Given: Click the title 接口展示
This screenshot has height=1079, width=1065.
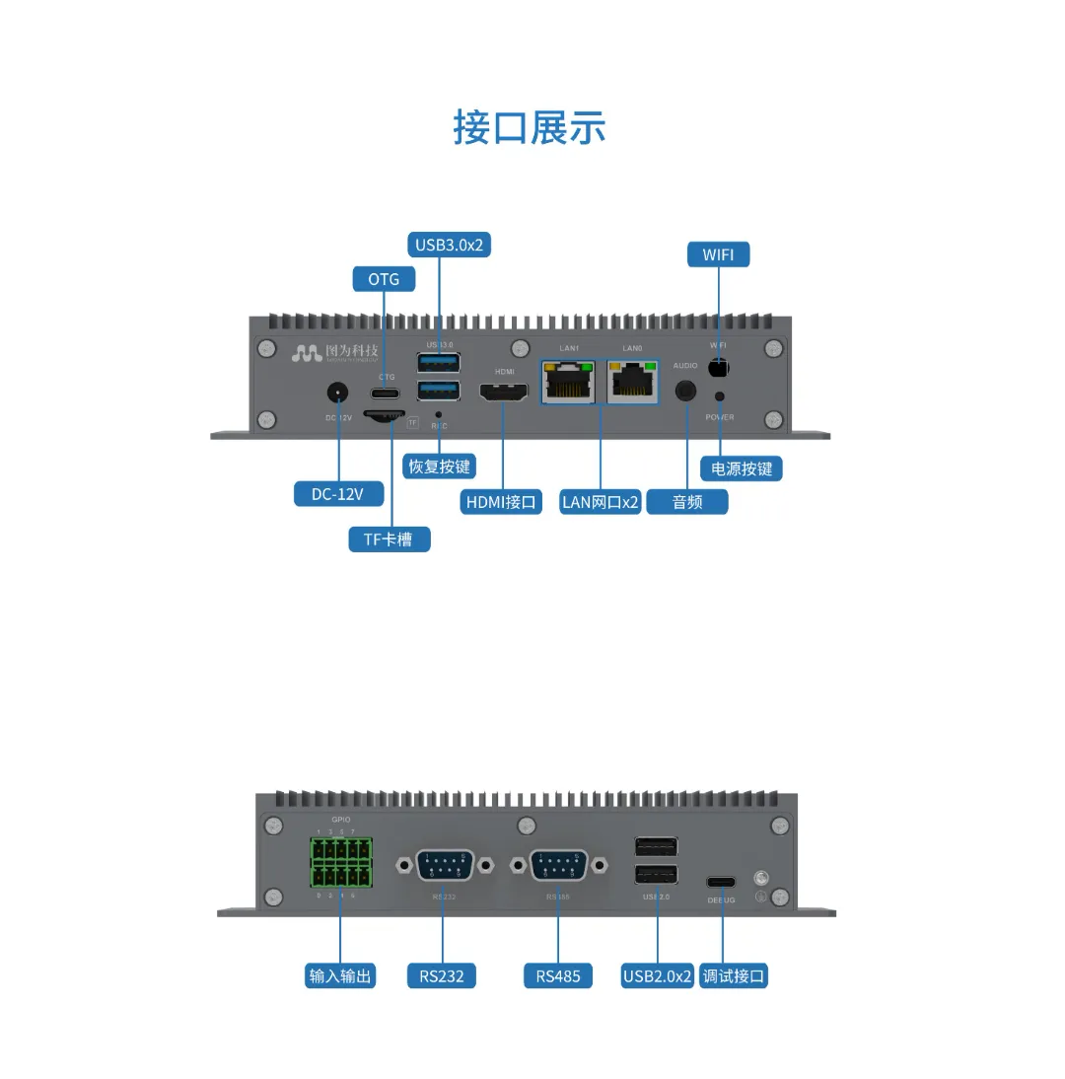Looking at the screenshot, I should pos(530,128).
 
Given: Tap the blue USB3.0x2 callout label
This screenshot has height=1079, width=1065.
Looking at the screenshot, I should pos(449,245).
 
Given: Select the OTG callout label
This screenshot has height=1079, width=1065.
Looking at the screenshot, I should pos(384,279).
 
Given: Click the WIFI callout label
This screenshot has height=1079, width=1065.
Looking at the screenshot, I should pos(718,254).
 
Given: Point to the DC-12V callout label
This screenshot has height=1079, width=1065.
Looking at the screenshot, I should pos(337,493).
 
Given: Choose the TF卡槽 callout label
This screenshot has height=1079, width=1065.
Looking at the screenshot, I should pos(390,539).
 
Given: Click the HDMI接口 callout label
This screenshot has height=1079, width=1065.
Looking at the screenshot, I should pos(502,502).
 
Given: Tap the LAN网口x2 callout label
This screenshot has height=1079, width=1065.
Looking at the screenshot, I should pos(600,502).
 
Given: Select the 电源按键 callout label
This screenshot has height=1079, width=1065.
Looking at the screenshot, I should pos(742,468).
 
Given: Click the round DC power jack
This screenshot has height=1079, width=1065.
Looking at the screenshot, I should pos(338,392).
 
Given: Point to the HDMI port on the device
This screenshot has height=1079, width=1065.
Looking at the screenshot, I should pos(504,392).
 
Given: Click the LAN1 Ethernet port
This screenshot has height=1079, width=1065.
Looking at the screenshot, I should pos(568,380).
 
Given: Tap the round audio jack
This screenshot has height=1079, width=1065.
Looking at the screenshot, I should pos(686,391).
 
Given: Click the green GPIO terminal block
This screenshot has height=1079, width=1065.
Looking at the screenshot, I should pos(341,861).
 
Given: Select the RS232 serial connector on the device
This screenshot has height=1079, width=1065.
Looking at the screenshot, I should pos(444,865).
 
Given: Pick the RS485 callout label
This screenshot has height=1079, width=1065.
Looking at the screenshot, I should pos(558,976).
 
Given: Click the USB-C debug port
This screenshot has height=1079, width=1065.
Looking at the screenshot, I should pos(721,881).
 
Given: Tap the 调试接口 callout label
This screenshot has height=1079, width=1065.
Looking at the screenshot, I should pos(734,976).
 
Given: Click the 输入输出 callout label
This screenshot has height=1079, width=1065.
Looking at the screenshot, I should pos(341,976).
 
